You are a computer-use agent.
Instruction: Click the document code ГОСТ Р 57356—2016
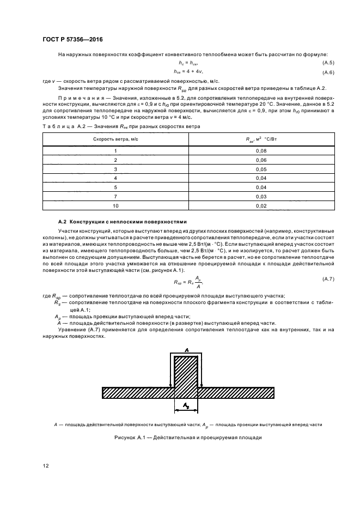[x=72, y=40]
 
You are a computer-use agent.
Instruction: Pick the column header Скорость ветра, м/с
[x=115, y=139]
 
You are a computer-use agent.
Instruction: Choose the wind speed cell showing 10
[x=115, y=206]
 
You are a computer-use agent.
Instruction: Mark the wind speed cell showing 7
[x=115, y=197]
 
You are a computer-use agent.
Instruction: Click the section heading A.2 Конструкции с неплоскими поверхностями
[x=122, y=222]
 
